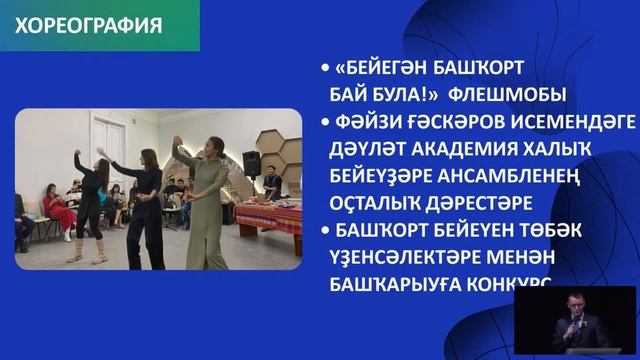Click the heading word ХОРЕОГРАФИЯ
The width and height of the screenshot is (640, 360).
pyautogui.click(x=89, y=26)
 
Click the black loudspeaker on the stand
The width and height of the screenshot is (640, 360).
pyautogui.click(x=253, y=162)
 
